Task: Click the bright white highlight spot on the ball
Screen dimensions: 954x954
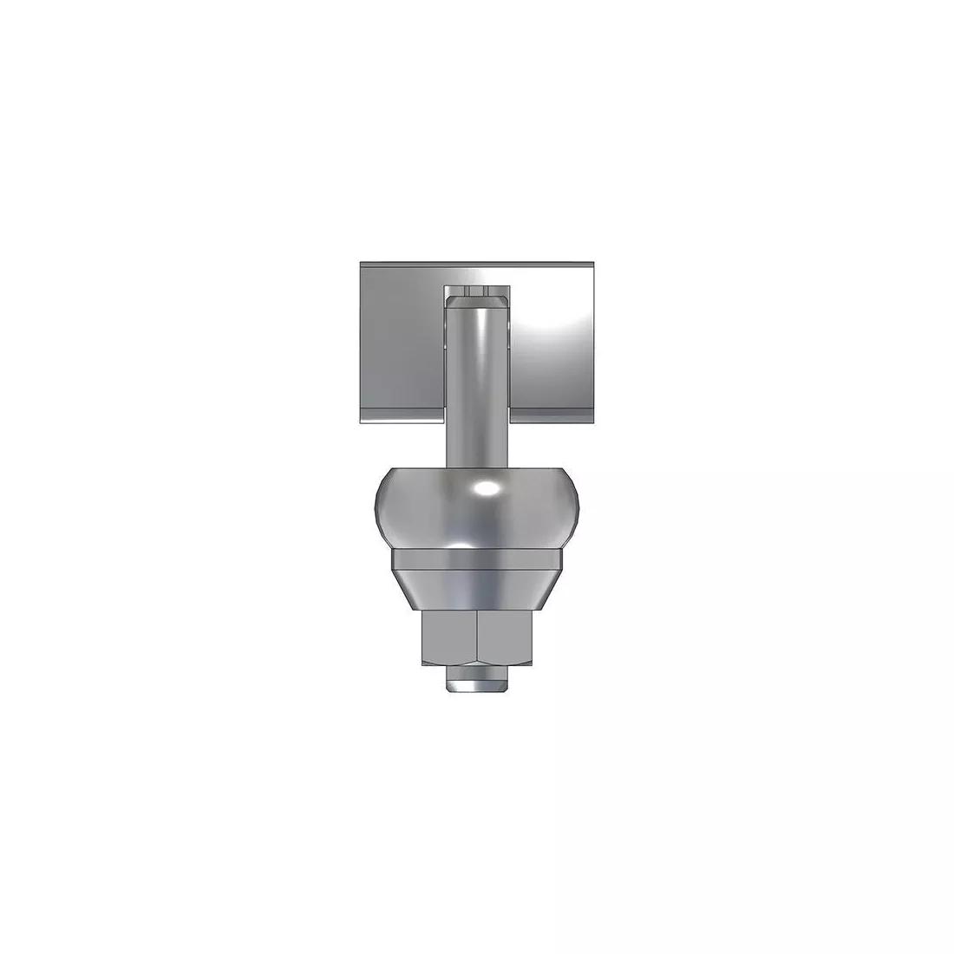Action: [487, 490]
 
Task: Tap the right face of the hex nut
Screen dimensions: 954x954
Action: [505, 638]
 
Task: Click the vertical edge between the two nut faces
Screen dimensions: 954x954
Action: [478, 638]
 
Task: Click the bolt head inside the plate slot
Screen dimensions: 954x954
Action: [477, 299]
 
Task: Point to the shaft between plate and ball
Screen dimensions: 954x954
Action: [477, 408]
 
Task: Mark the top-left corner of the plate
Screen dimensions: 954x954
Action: [361, 261]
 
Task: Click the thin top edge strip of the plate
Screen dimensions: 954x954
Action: [477, 264]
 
